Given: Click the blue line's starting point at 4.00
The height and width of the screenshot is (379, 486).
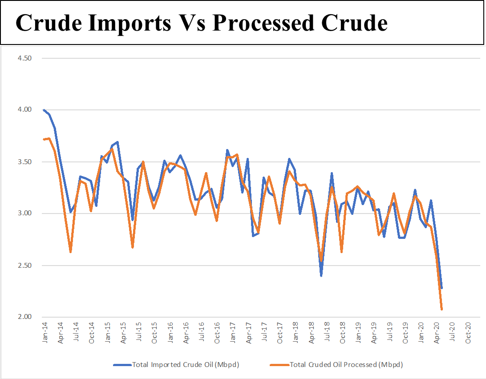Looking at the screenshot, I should [x=44, y=110].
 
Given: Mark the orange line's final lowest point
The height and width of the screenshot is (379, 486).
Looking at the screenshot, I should [x=441, y=309].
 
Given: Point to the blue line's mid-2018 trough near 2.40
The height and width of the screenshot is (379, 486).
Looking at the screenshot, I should [x=321, y=275].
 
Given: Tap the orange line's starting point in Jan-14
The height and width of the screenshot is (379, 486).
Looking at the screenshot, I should [x=44, y=139].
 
